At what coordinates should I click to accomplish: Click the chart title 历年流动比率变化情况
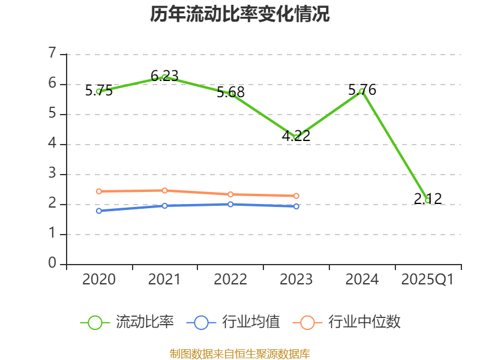[x=239, y=14]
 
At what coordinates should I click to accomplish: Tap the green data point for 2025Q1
[x=428, y=200]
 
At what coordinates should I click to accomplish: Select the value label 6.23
[x=164, y=76]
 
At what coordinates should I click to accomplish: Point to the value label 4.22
[x=296, y=136]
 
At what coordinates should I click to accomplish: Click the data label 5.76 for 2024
[x=362, y=90]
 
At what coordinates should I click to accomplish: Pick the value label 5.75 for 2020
[x=99, y=91]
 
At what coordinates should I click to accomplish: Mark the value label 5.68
[x=230, y=92]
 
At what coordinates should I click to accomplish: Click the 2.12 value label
[x=428, y=199]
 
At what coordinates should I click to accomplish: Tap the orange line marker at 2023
[x=296, y=196]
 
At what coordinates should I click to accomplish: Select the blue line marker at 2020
[x=99, y=211]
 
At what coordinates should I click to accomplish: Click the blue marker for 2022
[x=230, y=204]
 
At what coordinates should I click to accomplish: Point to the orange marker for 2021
[x=164, y=190]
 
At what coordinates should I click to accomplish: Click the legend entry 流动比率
[x=128, y=322]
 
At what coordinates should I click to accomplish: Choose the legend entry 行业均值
[x=234, y=322]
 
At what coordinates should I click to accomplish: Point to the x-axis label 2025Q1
[x=427, y=280]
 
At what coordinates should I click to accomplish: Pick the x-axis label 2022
[x=230, y=280]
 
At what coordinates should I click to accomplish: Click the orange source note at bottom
[x=239, y=353]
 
